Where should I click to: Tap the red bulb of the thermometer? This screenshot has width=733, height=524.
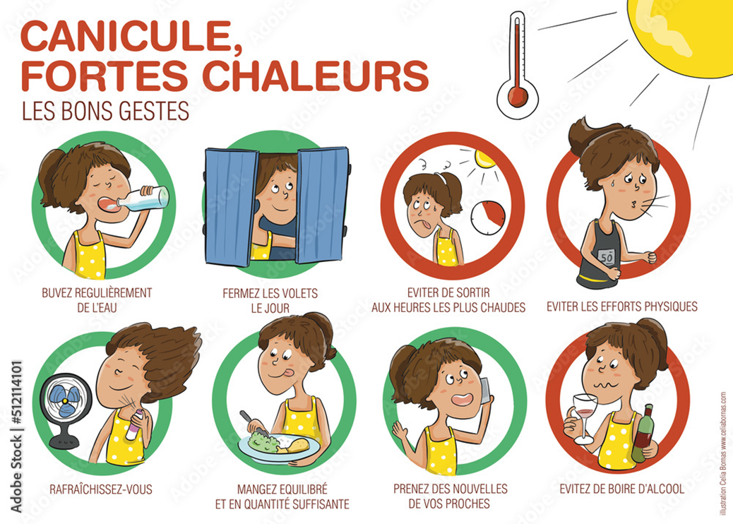tap(518, 95)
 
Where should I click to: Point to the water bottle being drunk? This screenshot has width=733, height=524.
tap(144, 198)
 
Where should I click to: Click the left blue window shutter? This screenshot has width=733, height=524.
tap(231, 204)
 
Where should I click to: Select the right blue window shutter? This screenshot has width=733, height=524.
tap(323, 202)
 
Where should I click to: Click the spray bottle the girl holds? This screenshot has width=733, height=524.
tap(132, 424)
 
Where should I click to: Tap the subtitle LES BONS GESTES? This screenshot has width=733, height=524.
tap(105, 111)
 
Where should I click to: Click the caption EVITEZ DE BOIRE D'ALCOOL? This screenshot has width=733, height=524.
tap(621, 488)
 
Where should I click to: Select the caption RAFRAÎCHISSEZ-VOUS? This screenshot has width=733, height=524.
tap(101, 488)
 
